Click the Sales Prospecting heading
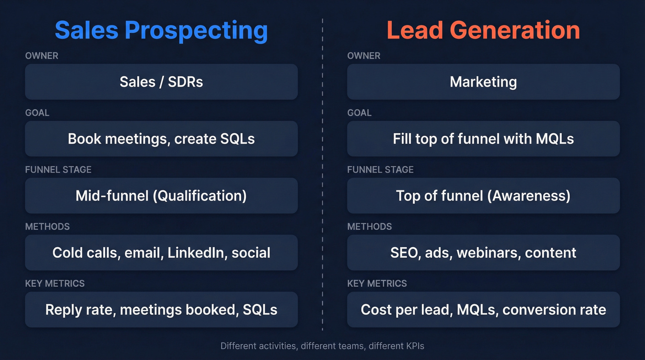[161, 30]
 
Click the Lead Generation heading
[483, 30]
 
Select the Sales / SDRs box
[161, 82]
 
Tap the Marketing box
[483, 82]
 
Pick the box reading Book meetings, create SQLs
[161, 139]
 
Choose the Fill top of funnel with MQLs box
[483, 139]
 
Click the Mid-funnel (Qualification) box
[161, 195]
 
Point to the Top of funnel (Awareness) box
[483, 195]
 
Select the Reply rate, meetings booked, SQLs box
[161, 309]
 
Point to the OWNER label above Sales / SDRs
[41, 56]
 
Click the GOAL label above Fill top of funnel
[359, 113]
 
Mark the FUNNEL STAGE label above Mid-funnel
[58, 170]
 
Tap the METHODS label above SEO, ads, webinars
[369, 227]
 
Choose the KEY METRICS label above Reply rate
[55, 283]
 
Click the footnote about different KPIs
[322, 346]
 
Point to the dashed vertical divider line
[322, 175]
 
